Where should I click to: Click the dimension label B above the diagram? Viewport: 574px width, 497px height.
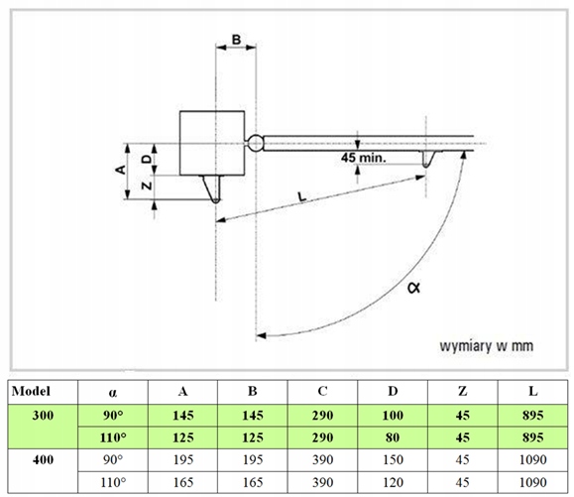236,40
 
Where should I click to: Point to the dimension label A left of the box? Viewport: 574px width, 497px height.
120,170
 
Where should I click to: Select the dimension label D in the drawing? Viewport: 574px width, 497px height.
147,159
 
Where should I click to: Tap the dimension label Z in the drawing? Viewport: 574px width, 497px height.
147,186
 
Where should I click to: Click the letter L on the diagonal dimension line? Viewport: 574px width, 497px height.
301,196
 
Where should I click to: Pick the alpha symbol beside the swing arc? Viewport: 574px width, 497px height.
414,288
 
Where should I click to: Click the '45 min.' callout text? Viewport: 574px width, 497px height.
363,158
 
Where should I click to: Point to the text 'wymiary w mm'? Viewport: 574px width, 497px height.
486,346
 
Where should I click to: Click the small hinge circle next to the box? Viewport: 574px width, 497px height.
255,143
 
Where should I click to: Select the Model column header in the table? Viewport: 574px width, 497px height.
31,392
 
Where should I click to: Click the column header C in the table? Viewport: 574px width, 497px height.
322,392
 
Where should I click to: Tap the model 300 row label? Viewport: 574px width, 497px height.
43,416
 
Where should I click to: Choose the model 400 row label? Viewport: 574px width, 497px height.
43,459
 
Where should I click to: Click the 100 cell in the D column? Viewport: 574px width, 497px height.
393,416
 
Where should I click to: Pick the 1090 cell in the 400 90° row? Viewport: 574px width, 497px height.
533,459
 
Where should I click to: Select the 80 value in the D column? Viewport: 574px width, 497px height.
392,437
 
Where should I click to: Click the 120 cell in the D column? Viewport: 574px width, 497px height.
393,482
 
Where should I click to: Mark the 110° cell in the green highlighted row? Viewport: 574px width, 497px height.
113,437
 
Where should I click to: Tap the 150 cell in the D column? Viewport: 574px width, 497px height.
393,459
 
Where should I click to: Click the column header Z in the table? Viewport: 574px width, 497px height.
463,392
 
